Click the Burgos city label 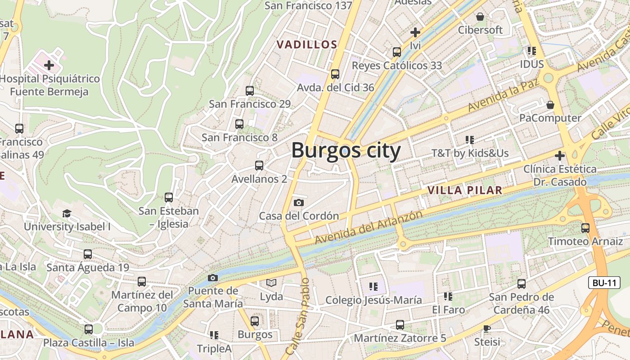click(x=346, y=150)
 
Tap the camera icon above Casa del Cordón click(x=298, y=203)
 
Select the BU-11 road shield click(x=604, y=283)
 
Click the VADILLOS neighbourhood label click(x=307, y=45)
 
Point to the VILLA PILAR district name click(x=465, y=190)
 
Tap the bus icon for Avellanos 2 click(x=259, y=166)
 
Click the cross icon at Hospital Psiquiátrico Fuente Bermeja click(x=49, y=66)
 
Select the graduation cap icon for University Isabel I click(x=67, y=213)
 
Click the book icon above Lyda click(x=271, y=283)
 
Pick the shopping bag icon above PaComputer click(x=550, y=105)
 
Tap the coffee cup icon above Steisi click(x=486, y=328)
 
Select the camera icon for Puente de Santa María click(x=213, y=278)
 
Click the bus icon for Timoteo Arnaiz click(x=585, y=228)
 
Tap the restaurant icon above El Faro click(x=448, y=297)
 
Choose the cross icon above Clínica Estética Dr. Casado click(x=559, y=156)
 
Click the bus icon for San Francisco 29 click(x=250, y=91)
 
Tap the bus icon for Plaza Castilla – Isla click(x=89, y=329)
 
